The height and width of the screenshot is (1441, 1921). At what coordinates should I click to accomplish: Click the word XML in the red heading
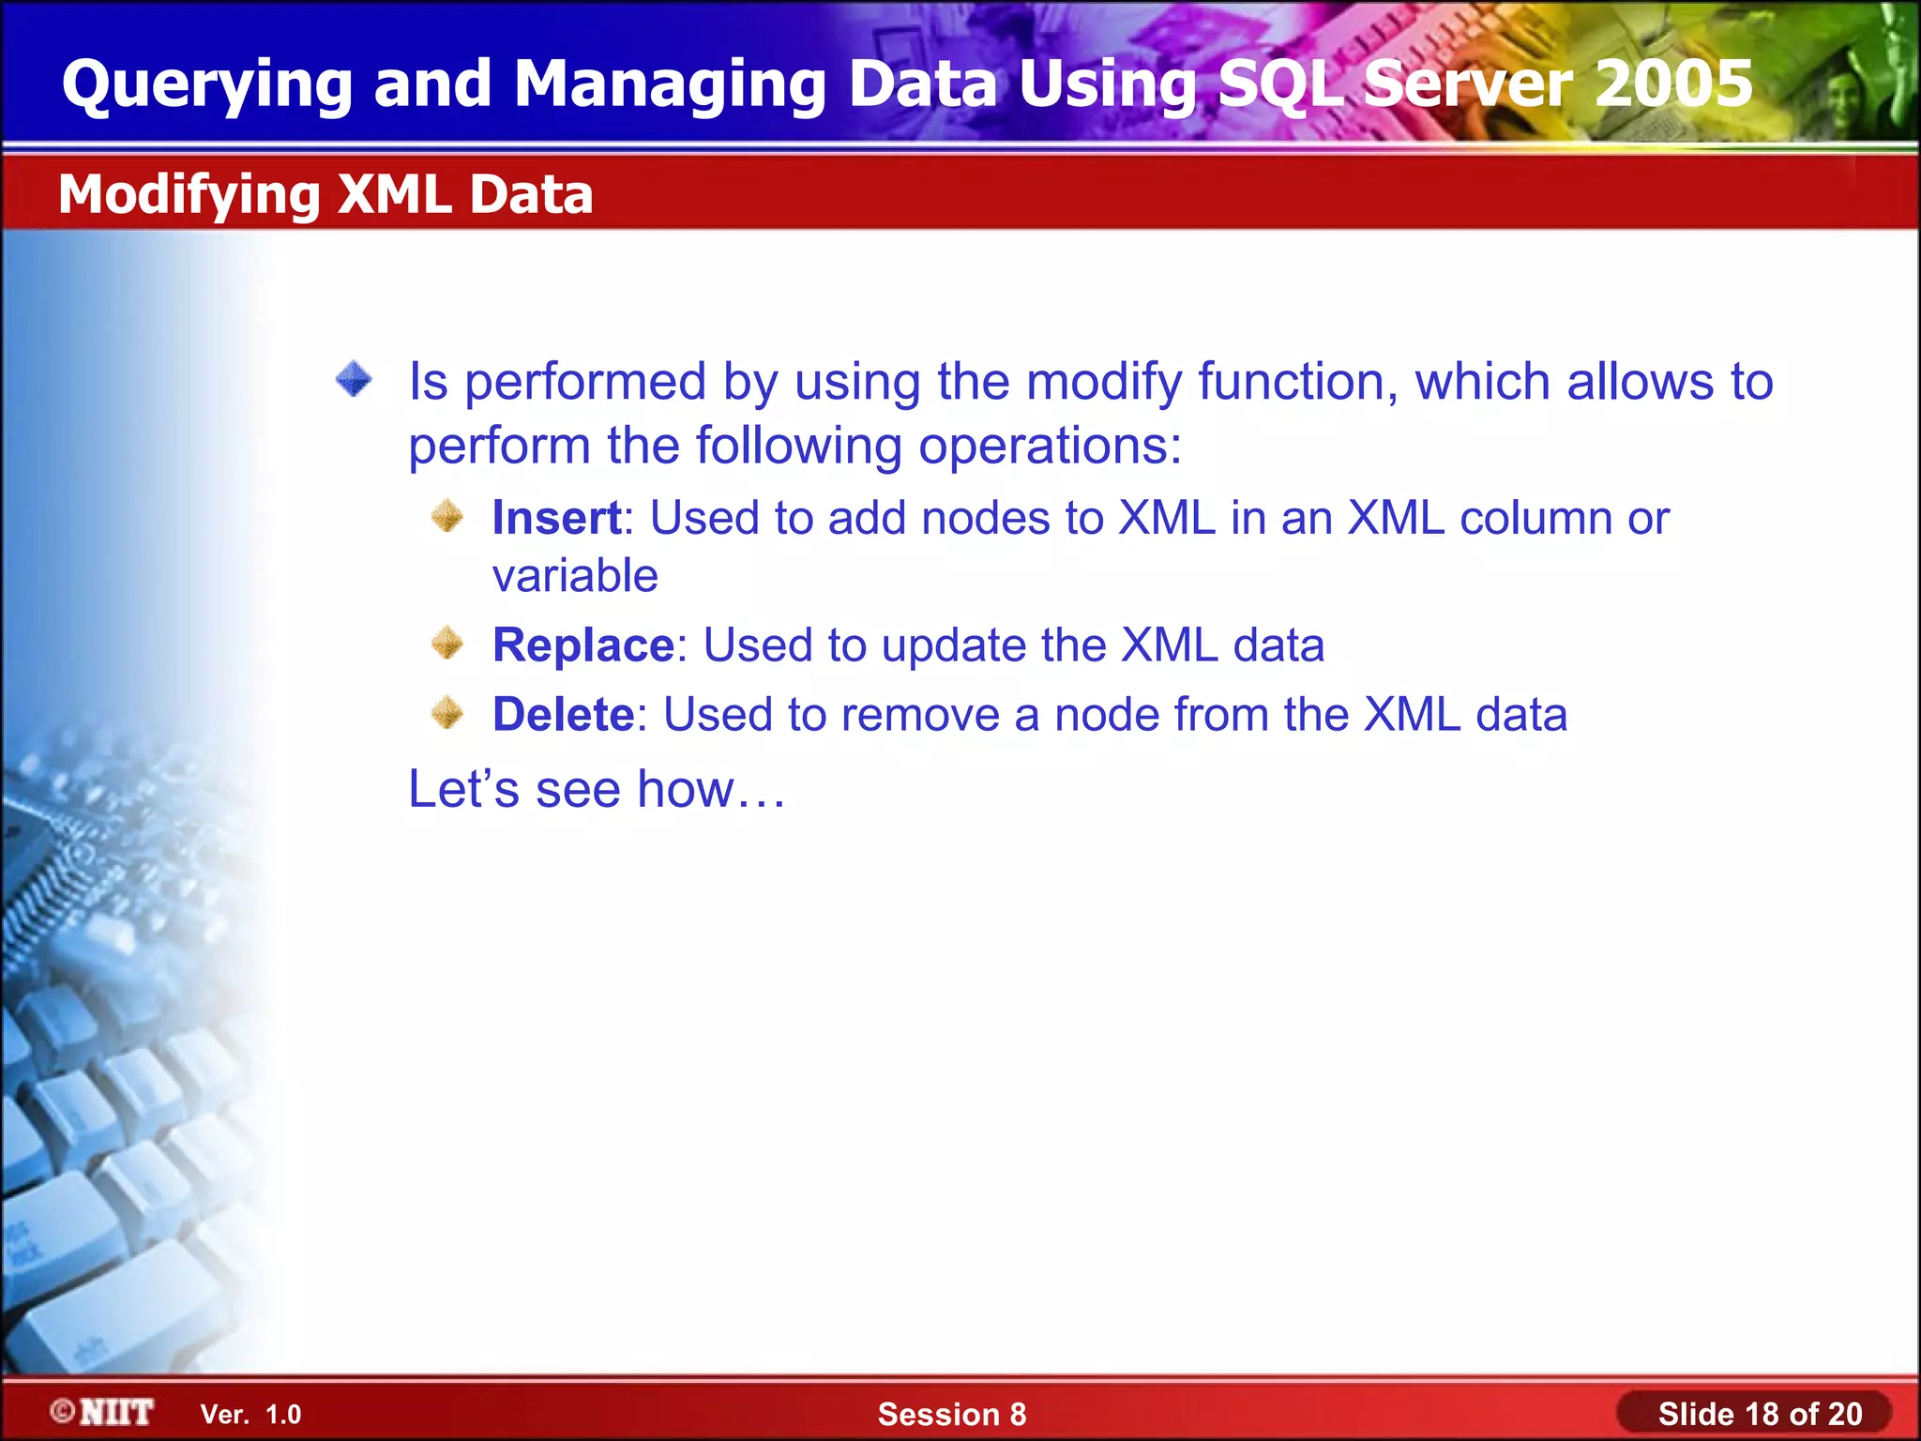(x=395, y=194)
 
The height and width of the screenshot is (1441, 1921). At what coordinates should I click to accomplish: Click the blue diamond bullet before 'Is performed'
(x=355, y=380)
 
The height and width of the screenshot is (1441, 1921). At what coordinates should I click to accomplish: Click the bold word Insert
(x=556, y=518)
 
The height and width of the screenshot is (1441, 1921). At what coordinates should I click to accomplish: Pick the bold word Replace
(x=583, y=645)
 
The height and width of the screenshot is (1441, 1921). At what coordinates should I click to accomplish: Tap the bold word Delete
(x=564, y=715)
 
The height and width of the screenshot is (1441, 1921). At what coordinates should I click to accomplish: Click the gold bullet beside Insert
(x=448, y=516)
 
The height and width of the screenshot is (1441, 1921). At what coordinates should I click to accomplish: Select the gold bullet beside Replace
(x=448, y=644)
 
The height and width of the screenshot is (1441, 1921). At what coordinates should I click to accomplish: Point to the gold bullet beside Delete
(x=448, y=713)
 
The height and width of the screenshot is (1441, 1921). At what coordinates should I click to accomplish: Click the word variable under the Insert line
(x=575, y=576)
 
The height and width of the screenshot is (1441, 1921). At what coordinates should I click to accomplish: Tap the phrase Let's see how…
(x=597, y=789)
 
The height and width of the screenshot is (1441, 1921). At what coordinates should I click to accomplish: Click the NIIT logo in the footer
(x=103, y=1412)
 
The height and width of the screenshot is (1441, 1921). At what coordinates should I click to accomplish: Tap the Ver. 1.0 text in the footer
(x=250, y=1415)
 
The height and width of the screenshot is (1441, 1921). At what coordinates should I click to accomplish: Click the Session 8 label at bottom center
(x=951, y=1414)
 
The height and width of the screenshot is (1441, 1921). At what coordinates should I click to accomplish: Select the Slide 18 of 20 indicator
(x=1760, y=1414)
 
